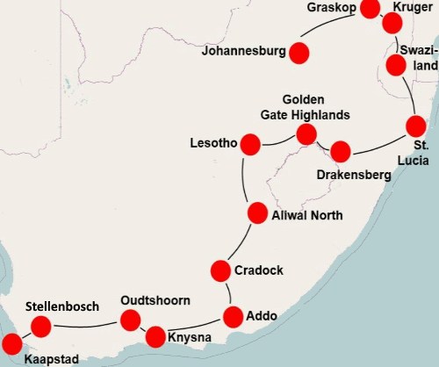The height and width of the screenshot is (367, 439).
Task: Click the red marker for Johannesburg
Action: point(299,53)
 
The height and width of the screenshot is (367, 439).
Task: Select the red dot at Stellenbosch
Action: point(41,327)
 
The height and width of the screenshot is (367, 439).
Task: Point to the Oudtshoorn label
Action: point(155,300)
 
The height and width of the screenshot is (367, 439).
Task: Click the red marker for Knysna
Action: point(155,335)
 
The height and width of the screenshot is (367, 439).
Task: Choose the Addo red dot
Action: point(234,316)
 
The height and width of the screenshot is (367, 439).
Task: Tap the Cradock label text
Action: point(259,270)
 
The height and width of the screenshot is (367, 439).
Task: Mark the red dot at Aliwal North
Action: point(257,212)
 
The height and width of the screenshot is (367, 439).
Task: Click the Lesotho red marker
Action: point(250,144)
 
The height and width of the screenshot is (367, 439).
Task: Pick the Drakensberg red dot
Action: point(340,151)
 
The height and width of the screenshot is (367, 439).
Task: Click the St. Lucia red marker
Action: point(415,126)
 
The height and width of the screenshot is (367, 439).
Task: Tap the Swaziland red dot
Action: point(396,65)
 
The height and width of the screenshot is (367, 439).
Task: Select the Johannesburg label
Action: point(243,51)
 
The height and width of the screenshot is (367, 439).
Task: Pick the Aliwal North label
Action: point(307,215)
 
